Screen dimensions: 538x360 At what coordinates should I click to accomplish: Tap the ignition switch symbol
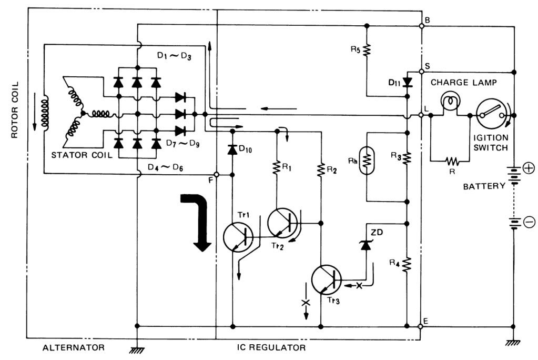(x=491, y=114)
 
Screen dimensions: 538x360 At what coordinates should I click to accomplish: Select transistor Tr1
(x=238, y=237)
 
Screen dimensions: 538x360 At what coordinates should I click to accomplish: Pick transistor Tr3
(x=327, y=279)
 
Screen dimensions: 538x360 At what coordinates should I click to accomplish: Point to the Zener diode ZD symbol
(x=366, y=245)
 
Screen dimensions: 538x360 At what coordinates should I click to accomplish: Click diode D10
(x=232, y=150)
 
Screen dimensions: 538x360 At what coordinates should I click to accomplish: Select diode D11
(x=407, y=82)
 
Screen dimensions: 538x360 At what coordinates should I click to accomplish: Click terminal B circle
(x=422, y=26)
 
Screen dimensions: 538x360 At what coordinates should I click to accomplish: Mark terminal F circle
(x=217, y=175)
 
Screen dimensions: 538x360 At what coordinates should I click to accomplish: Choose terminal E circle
(x=421, y=326)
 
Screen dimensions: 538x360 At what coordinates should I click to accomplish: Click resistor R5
(x=367, y=50)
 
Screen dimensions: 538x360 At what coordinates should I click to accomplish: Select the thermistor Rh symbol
(x=367, y=161)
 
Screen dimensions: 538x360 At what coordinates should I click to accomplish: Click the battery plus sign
(x=529, y=168)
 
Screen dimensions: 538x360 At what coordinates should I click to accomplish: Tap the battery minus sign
(x=529, y=222)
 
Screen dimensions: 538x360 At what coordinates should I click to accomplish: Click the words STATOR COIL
(x=82, y=155)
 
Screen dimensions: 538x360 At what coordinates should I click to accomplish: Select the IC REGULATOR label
(x=271, y=348)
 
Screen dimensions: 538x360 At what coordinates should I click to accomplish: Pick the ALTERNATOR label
(x=74, y=348)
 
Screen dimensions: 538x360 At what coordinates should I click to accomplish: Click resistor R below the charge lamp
(x=452, y=161)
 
